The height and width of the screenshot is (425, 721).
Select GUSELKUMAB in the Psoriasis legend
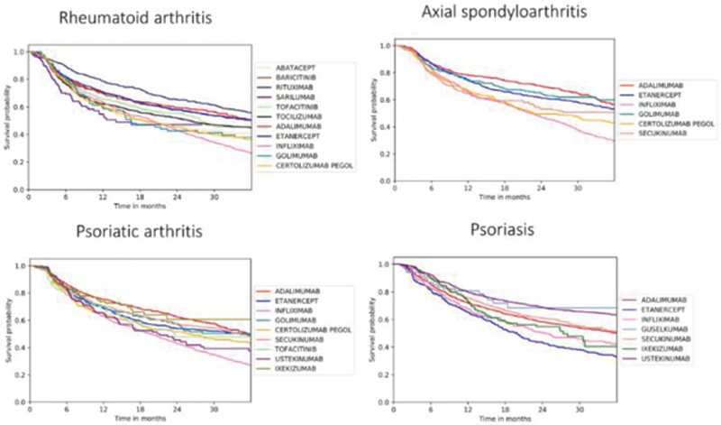(x=658, y=328)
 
